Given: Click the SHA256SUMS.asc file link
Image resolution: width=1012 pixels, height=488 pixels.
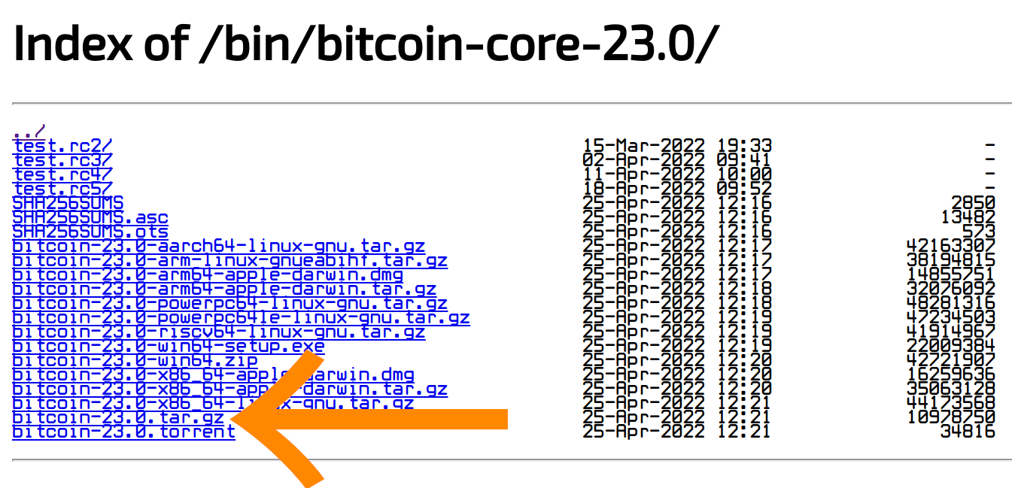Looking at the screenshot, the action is pyautogui.click(x=90, y=217).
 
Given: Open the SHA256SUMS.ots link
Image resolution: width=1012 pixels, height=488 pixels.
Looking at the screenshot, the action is pyautogui.click(x=90, y=231).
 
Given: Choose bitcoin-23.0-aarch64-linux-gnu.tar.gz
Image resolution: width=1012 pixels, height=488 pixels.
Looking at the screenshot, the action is pyautogui.click(x=218, y=246).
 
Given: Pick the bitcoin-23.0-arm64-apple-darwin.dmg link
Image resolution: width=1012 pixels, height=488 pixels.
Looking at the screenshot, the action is pyautogui.click(x=207, y=274).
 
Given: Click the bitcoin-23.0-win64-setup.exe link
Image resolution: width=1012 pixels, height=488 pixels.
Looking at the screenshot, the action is pyautogui.click(x=168, y=346).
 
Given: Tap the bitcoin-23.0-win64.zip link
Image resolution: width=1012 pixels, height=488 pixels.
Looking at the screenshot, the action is pyautogui.click(x=135, y=360).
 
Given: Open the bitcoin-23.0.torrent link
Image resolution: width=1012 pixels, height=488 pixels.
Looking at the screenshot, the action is pyautogui.click(x=123, y=432).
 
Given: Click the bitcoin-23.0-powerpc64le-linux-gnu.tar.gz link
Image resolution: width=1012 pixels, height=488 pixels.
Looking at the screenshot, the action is pyautogui.click(x=241, y=317).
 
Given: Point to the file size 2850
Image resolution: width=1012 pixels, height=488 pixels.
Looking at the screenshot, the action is pyautogui.click(x=973, y=202).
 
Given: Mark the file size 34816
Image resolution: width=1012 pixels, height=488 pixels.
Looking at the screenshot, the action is pyautogui.click(x=968, y=432).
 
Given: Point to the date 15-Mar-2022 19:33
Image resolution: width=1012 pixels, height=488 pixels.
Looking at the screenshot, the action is pyautogui.click(x=677, y=145).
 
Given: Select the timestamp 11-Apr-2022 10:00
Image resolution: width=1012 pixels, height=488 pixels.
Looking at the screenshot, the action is pyautogui.click(x=677, y=174).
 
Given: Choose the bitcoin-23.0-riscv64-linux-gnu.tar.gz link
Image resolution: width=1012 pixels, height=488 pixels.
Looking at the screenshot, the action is pyautogui.click(x=218, y=332).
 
